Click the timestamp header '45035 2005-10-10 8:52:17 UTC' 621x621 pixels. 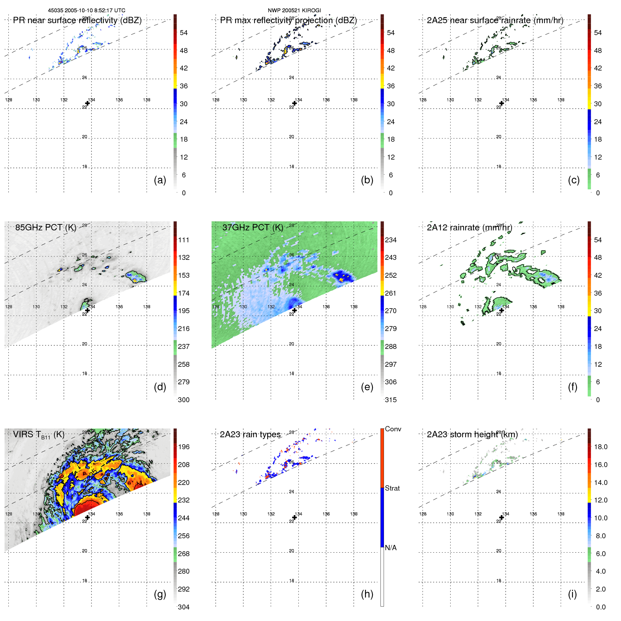(x=87, y=11)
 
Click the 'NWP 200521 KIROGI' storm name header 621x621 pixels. (x=294, y=11)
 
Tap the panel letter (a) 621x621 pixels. (x=160, y=180)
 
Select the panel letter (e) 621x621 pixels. (x=367, y=387)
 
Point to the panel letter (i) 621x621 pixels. (x=572, y=594)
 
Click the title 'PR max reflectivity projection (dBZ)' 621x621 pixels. (x=288, y=20)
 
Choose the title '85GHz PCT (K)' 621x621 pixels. (x=46, y=228)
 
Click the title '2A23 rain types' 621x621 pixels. (x=250, y=434)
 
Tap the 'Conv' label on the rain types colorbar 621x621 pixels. (x=393, y=429)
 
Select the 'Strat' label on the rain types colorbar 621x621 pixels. (x=392, y=488)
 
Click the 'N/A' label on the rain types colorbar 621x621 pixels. (x=391, y=548)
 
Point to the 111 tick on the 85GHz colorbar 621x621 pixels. (x=183, y=240)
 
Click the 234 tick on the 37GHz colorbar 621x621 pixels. (x=391, y=240)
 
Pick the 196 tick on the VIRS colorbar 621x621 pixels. (x=183, y=447)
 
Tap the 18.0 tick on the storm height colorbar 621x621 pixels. (x=600, y=447)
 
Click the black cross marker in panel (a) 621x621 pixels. (x=87, y=103)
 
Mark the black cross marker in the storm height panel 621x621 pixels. (x=501, y=517)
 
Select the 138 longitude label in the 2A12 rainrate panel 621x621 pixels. (x=561, y=307)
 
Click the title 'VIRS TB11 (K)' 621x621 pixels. (x=39, y=435)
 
